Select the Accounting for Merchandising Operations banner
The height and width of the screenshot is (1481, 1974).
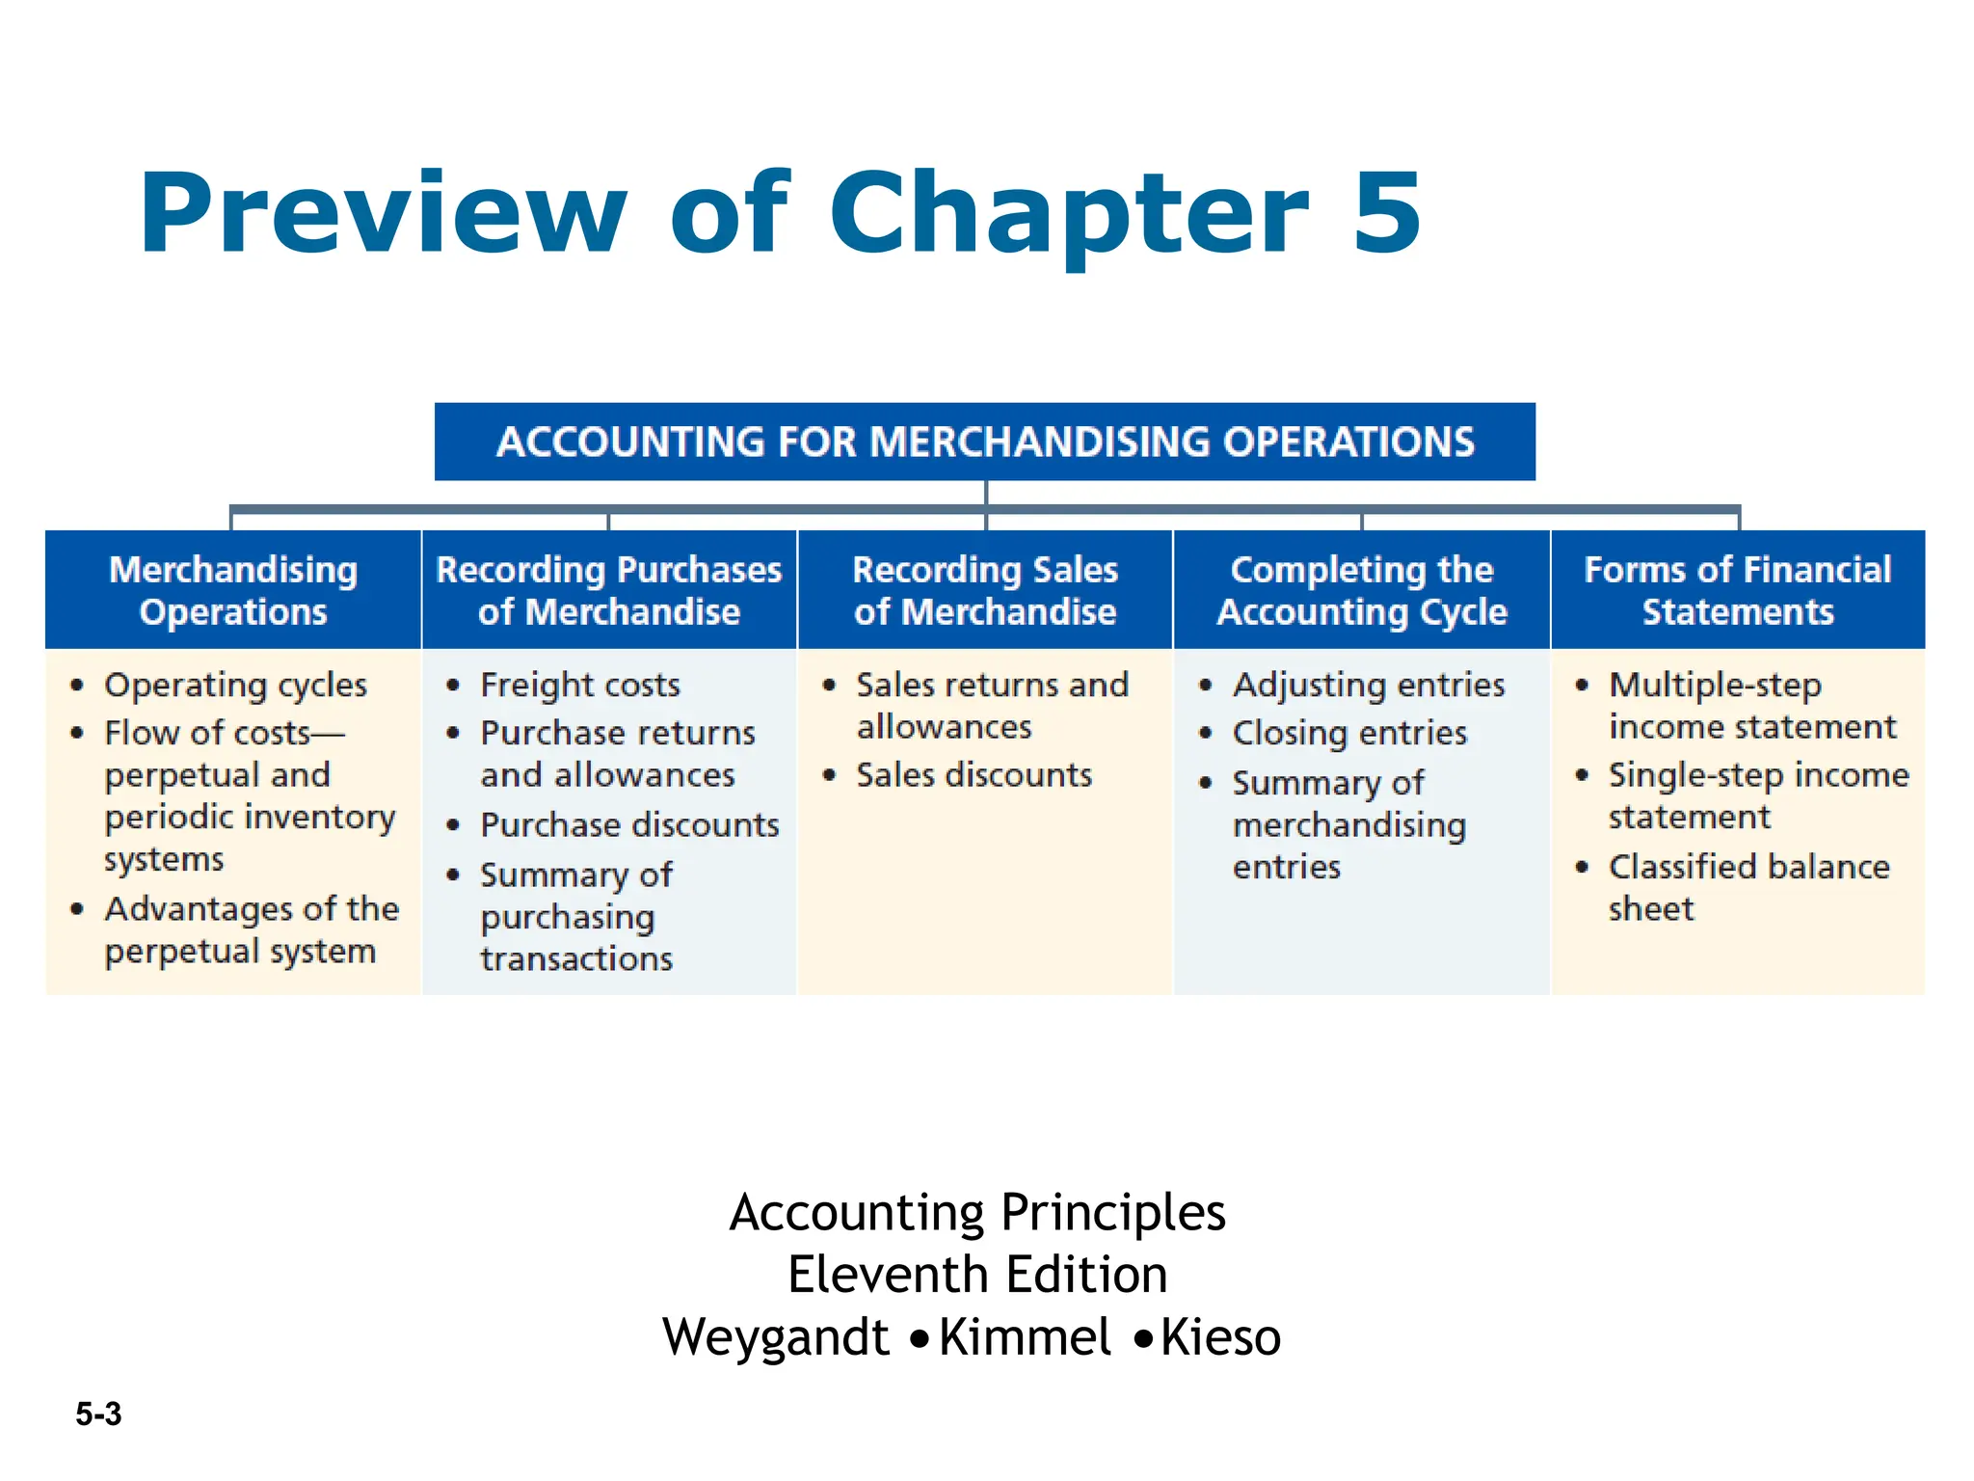point(984,442)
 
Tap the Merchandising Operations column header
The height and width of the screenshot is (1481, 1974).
point(233,590)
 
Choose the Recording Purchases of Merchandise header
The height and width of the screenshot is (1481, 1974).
point(609,590)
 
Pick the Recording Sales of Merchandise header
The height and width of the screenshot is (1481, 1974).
point(985,590)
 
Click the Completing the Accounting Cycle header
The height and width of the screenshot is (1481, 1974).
point(1361,590)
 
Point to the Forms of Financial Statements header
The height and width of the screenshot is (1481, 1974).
point(1737,590)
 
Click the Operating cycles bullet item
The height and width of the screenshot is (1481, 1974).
point(235,686)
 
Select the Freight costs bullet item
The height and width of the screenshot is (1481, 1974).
point(580,686)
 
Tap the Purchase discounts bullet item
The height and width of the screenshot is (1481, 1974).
point(629,825)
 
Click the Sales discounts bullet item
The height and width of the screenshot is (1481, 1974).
point(974,775)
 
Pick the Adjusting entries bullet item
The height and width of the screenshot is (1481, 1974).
point(1369,686)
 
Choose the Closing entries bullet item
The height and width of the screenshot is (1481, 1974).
point(1349,734)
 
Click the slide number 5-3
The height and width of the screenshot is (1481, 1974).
point(98,1414)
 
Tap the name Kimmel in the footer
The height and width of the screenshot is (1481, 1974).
point(1025,1337)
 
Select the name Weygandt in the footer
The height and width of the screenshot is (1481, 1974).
point(776,1337)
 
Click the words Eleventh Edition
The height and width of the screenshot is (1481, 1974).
point(977,1275)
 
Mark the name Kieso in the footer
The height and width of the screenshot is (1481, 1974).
point(1220,1337)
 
